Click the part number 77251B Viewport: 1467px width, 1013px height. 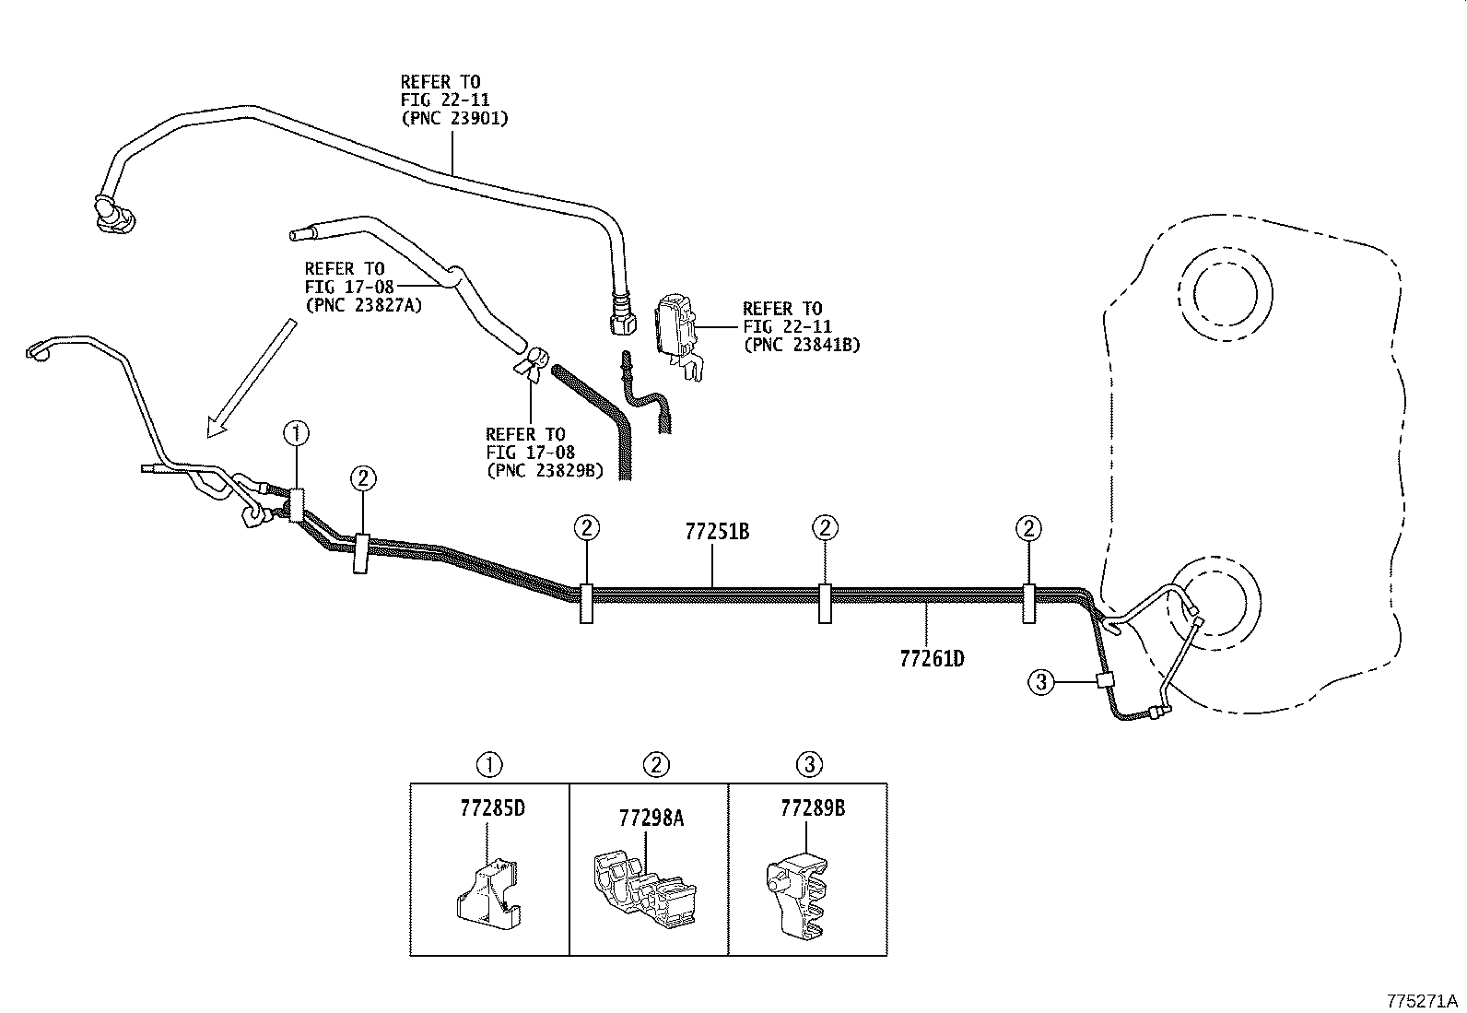point(716,532)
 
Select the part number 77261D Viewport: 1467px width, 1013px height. point(932,659)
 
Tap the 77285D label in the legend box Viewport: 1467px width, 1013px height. point(492,808)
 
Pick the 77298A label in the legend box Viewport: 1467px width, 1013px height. point(651,818)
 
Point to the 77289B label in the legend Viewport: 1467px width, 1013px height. point(812,808)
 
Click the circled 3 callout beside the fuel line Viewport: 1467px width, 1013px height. point(1040,682)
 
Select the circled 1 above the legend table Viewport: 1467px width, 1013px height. point(489,764)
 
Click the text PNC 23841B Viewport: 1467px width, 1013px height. point(801,345)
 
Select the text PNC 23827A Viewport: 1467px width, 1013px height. point(363,305)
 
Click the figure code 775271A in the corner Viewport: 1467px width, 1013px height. point(1422,1000)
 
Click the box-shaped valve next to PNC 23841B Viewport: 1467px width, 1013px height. point(677,327)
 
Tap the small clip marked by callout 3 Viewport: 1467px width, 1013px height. point(1103,680)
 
